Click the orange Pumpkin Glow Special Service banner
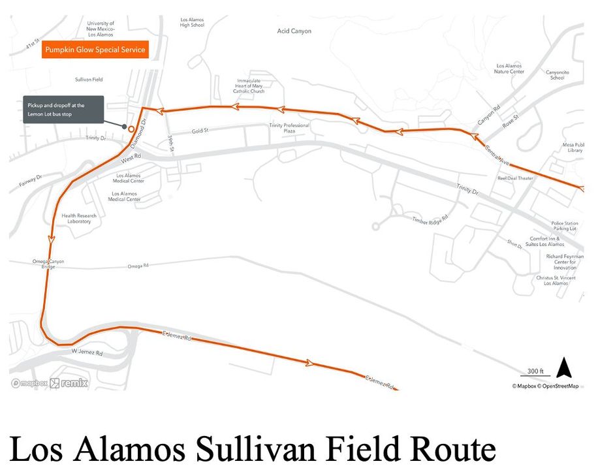point(95,50)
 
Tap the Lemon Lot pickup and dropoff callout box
point(63,109)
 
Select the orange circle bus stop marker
point(131,129)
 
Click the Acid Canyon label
point(294,31)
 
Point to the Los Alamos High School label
point(192,22)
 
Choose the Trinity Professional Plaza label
point(289,128)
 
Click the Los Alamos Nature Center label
point(510,69)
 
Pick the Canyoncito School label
point(556,74)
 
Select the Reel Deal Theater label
point(515,178)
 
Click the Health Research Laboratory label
point(79,219)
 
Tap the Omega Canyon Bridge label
point(48,264)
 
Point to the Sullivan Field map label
point(89,80)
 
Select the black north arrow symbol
point(564,368)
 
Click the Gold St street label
point(200,131)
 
